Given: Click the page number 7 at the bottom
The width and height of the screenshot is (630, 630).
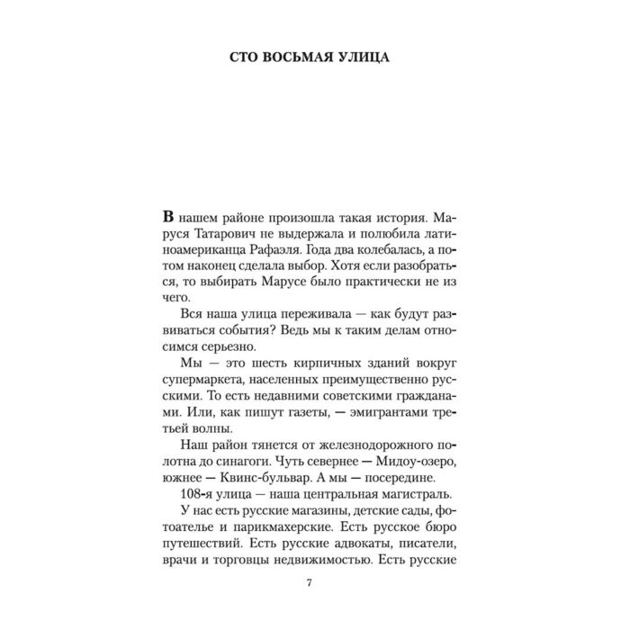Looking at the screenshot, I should [310, 611].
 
